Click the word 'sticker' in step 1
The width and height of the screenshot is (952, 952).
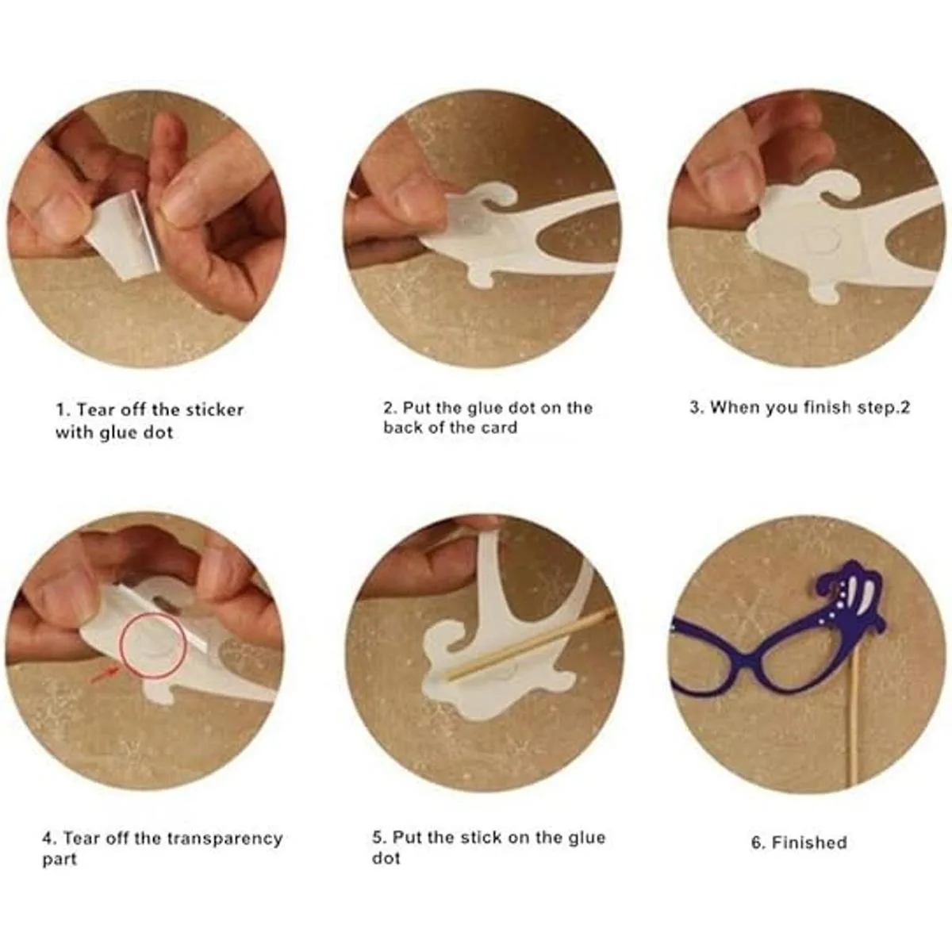216,409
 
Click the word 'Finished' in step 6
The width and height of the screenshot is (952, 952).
809,842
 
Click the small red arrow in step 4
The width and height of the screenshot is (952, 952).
105,675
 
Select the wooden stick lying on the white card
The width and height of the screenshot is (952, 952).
531,643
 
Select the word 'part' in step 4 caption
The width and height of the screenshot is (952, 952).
59,860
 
